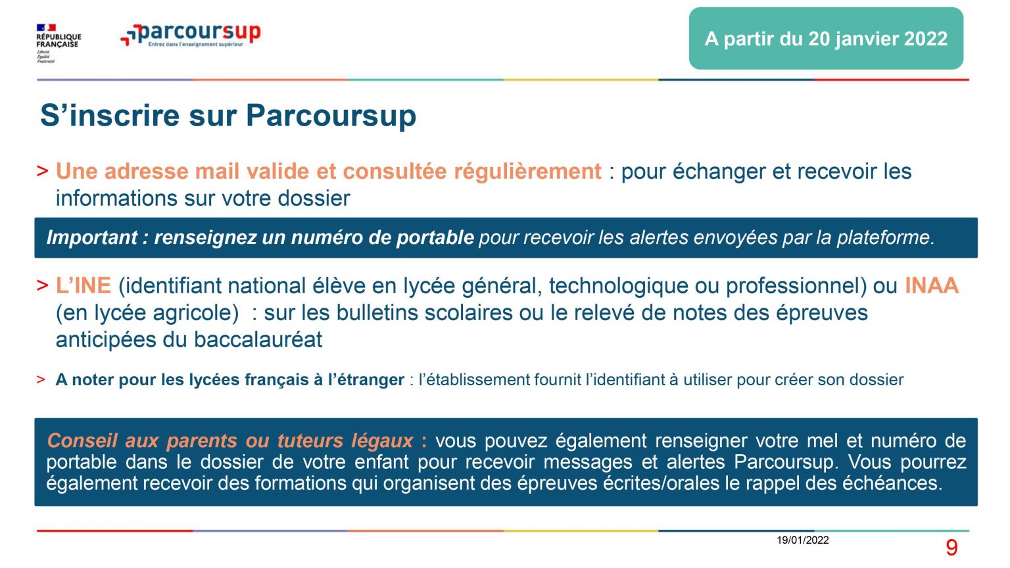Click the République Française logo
click(59, 43)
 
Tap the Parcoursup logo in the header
click(190, 35)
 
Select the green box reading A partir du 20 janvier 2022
click(826, 38)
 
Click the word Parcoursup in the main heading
click(331, 116)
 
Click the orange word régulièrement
click(527, 172)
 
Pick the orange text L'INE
click(84, 286)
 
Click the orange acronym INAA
click(932, 286)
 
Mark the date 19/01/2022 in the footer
click(803, 540)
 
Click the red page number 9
click(951, 548)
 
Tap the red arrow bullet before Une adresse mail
click(42, 172)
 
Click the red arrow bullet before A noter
click(41, 379)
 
